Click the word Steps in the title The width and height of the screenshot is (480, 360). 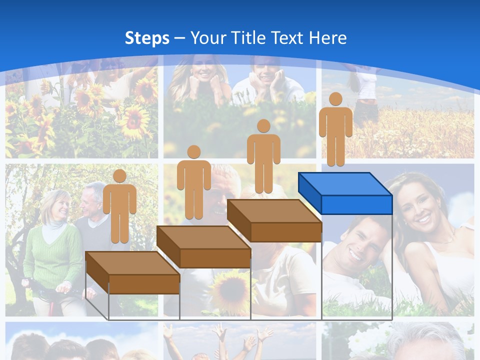coord(147,38)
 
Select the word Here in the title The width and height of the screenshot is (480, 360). coord(327,38)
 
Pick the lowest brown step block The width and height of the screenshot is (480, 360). coord(133,272)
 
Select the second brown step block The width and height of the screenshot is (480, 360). coord(204,246)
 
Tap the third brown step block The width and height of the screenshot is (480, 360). coord(274,220)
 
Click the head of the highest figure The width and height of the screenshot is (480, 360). coord(335,99)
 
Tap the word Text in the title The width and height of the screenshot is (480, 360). coord(288,38)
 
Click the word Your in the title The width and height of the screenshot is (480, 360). coord(207,38)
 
